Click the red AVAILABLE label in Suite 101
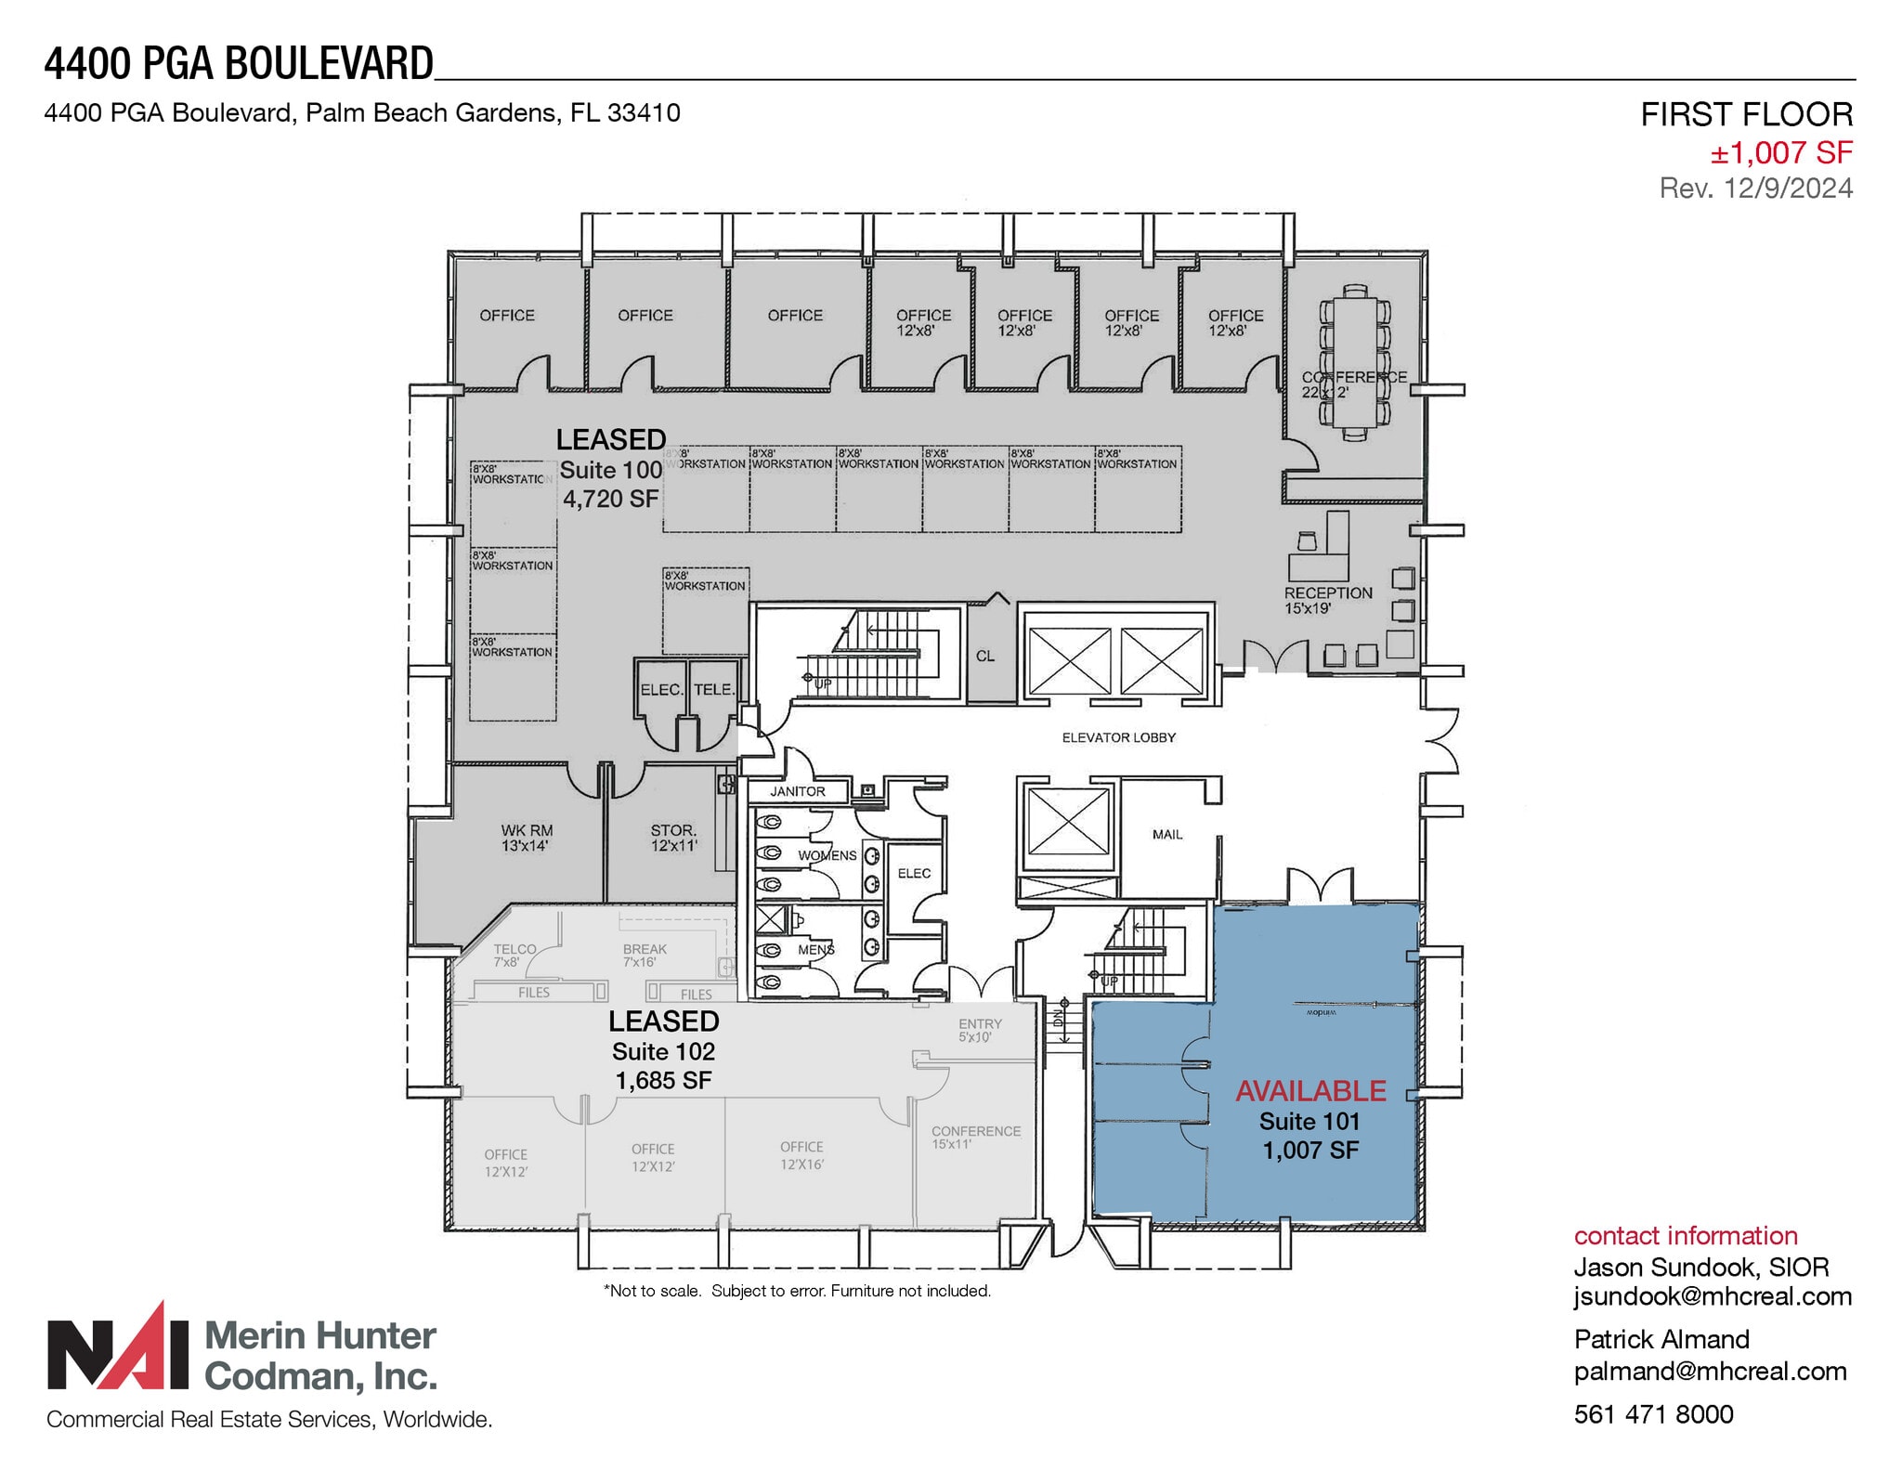click(x=1309, y=1090)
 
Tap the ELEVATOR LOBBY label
click(x=1118, y=737)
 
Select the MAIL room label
click(x=1166, y=834)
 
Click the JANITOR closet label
click(x=797, y=791)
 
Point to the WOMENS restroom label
click(x=827, y=855)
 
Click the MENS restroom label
click(x=815, y=949)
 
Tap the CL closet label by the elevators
click(x=984, y=656)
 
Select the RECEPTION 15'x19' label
click(x=1327, y=600)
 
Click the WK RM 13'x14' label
click(x=527, y=838)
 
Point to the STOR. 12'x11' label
click(x=673, y=838)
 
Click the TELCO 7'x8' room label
click(x=515, y=955)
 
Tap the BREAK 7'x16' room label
click(x=645, y=955)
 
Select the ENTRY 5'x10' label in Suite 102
click(x=980, y=1030)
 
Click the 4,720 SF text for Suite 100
click(x=610, y=499)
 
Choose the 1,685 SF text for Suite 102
click(x=663, y=1080)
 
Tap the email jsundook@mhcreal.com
click(x=1712, y=1296)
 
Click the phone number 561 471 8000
click(x=1653, y=1414)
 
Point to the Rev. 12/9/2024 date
click(x=1755, y=189)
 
